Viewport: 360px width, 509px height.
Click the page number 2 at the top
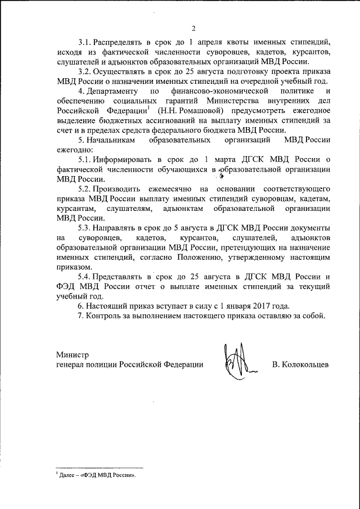pyautogui.click(x=192, y=29)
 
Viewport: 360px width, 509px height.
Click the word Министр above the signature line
pyautogui.click(x=73, y=354)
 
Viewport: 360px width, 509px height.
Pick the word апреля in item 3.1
pyautogui.click(x=211, y=42)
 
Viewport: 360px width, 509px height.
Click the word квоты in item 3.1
pyautogui.click(x=242, y=42)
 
